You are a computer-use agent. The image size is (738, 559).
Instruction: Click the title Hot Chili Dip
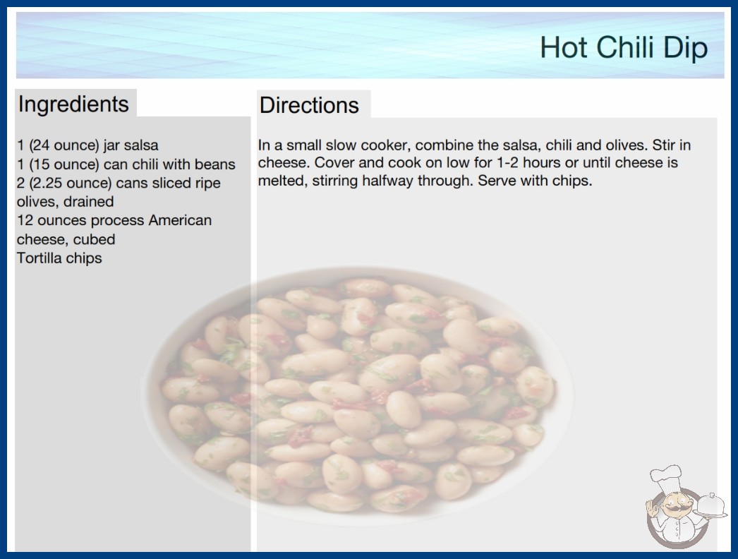click(x=624, y=48)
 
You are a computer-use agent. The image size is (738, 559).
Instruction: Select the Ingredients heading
click(x=73, y=104)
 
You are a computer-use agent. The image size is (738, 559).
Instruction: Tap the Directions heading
click(x=309, y=105)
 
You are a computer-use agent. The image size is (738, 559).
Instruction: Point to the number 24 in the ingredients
click(x=41, y=145)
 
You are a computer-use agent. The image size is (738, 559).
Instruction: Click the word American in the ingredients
click(x=180, y=220)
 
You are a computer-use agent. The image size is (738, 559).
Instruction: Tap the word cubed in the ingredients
click(x=94, y=239)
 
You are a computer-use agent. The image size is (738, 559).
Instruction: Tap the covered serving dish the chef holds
click(x=710, y=505)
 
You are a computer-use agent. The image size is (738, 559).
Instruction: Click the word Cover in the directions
click(x=333, y=162)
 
